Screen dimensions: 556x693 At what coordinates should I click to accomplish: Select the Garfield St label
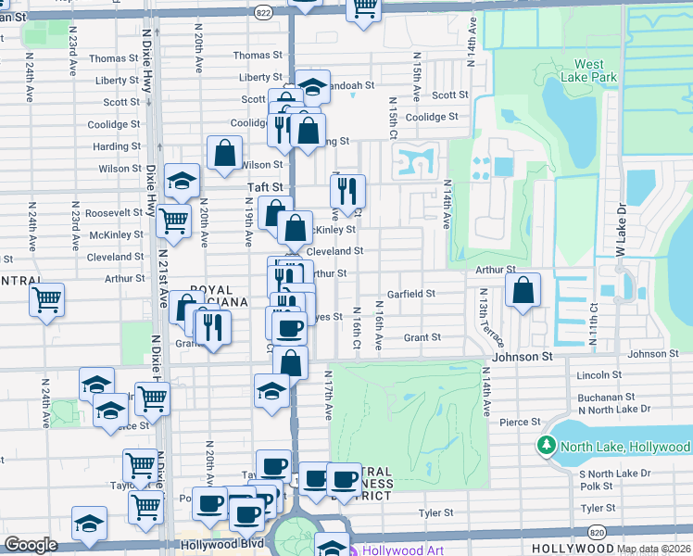click(x=410, y=294)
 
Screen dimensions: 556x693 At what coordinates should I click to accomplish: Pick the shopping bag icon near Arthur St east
click(x=523, y=288)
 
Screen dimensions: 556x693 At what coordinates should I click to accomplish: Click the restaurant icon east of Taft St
click(x=348, y=192)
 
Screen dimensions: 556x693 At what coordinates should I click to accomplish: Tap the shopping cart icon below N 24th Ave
click(x=46, y=300)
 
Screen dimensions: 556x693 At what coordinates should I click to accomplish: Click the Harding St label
click(x=117, y=146)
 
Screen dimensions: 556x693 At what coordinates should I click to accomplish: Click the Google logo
click(x=31, y=545)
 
